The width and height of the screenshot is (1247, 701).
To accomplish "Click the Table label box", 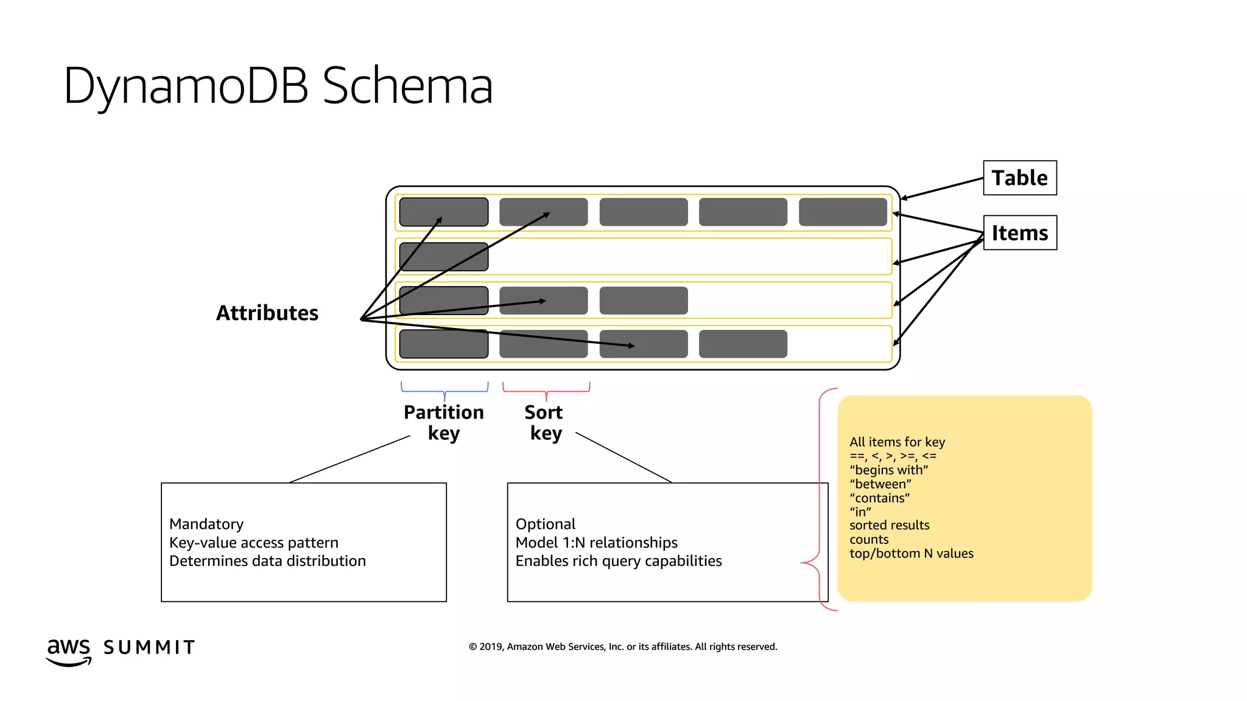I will pos(1019,178).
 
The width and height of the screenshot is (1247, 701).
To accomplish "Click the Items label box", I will pos(1019,232).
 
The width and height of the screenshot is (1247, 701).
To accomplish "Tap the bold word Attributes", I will pos(267,313).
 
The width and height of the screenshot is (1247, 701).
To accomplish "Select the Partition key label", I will pos(443,422).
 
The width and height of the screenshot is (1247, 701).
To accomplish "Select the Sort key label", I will pos(544,422).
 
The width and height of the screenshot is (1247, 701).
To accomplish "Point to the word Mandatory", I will pos(206,524).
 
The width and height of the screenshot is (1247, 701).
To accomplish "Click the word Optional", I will pos(545,524).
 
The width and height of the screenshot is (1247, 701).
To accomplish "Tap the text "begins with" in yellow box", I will pos(888,470).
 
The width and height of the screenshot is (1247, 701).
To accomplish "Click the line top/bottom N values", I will pos(911,553).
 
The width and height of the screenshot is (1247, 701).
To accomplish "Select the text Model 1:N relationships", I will pos(596,542).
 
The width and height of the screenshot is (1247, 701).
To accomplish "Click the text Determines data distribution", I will pos(267,560).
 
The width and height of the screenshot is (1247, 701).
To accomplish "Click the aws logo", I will pos(68,650).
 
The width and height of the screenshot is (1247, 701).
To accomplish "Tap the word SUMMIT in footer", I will pos(149,647).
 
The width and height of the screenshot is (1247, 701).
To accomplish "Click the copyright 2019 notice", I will pos(622,646).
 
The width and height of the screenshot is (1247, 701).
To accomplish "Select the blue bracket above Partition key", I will pos(444,390).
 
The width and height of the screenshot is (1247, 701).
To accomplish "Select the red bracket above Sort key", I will pos(546,390).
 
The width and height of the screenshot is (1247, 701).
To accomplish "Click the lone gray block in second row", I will pos(443,256).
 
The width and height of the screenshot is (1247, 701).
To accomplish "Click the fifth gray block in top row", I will pos(843,212).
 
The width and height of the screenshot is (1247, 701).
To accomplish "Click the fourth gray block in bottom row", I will pos(743,344).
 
